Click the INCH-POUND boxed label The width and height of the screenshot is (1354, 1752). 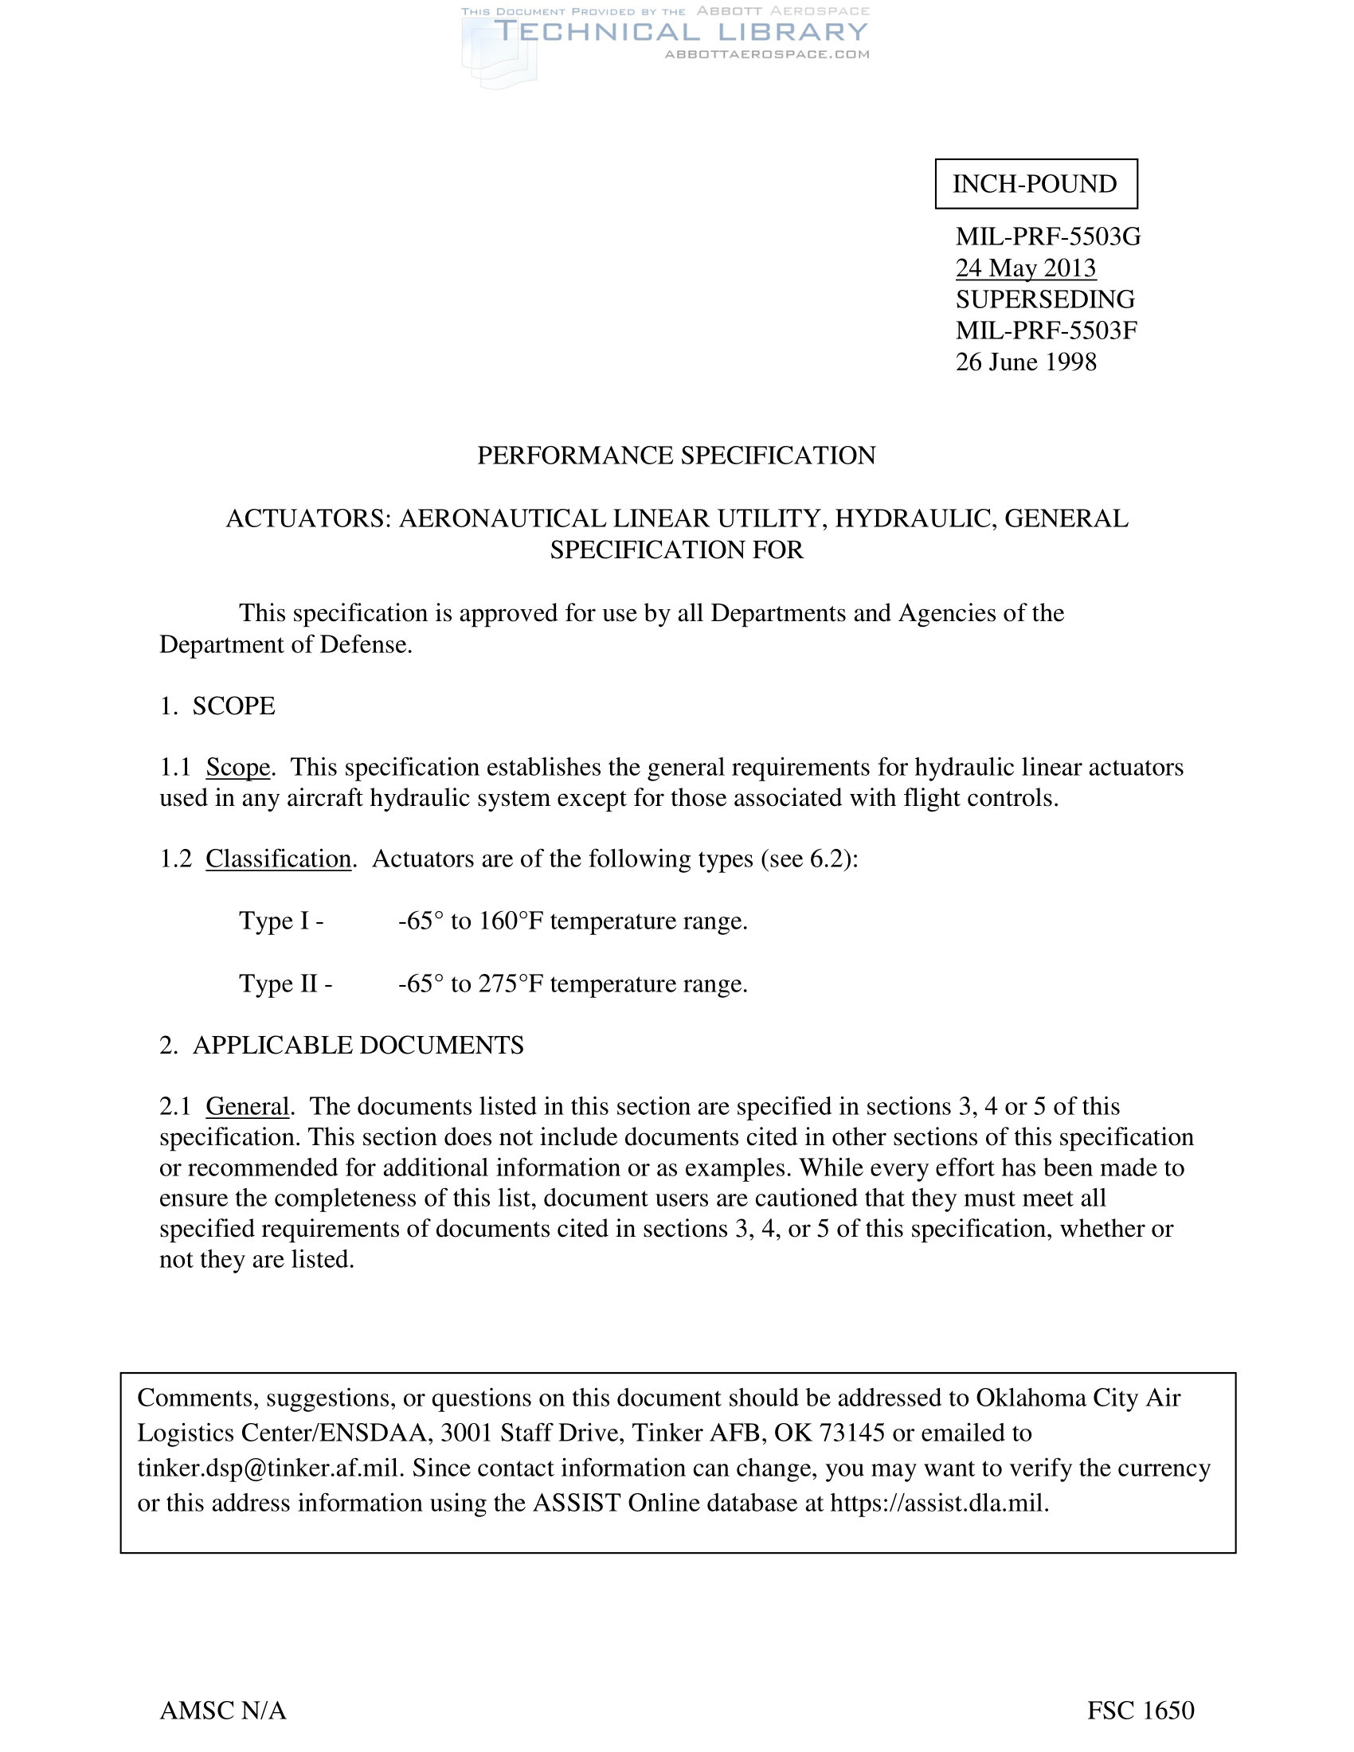tap(1035, 184)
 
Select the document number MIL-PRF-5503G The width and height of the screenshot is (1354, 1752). tap(1047, 237)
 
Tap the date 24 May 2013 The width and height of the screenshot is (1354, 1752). tap(1025, 268)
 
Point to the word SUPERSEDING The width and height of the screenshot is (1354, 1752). tap(1044, 299)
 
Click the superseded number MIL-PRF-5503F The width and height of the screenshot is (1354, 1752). tap(1046, 330)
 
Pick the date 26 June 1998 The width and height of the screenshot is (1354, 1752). tap(1025, 362)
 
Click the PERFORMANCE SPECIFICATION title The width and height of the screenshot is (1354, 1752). tap(676, 456)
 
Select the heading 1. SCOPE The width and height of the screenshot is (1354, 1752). tap(217, 706)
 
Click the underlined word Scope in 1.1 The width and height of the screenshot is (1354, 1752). tap(237, 768)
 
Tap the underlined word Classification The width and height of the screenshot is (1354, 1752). tap(278, 859)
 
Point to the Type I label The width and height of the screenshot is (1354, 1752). tap(280, 921)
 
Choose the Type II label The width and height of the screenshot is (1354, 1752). tap(285, 984)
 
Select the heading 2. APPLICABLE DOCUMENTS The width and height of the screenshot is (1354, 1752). tap(342, 1046)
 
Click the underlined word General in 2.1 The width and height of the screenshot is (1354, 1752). tap(247, 1107)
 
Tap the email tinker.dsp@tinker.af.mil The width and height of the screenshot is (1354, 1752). tap(268, 1468)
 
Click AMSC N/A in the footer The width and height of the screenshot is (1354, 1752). tap(223, 1711)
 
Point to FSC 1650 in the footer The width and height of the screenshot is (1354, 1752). tap(1141, 1711)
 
